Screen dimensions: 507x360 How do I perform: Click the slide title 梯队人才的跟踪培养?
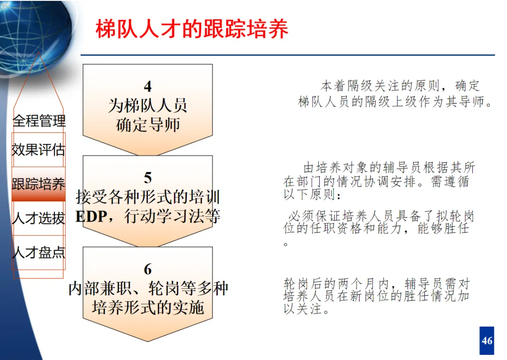click(x=192, y=29)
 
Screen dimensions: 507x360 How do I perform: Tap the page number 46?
click(x=487, y=340)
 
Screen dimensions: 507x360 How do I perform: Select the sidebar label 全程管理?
click(x=39, y=121)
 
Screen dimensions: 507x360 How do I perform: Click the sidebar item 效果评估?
click(x=38, y=150)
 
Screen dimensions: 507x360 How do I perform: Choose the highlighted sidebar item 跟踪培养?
click(x=38, y=184)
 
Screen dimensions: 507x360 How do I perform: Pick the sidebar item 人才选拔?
click(x=38, y=218)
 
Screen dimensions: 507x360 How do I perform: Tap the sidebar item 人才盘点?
click(x=38, y=253)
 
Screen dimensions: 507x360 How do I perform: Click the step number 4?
click(x=148, y=86)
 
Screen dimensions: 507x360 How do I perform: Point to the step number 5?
click(x=148, y=178)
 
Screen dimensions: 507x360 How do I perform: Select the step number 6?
click(x=148, y=269)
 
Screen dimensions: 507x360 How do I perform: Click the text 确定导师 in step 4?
click(x=148, y=125)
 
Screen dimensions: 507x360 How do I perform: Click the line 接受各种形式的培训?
click(x=148, y=197)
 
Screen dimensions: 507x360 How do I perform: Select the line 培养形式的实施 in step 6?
click(x=148, y=307)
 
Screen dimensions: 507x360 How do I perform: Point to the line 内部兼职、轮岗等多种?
click(x=148, y=288)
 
